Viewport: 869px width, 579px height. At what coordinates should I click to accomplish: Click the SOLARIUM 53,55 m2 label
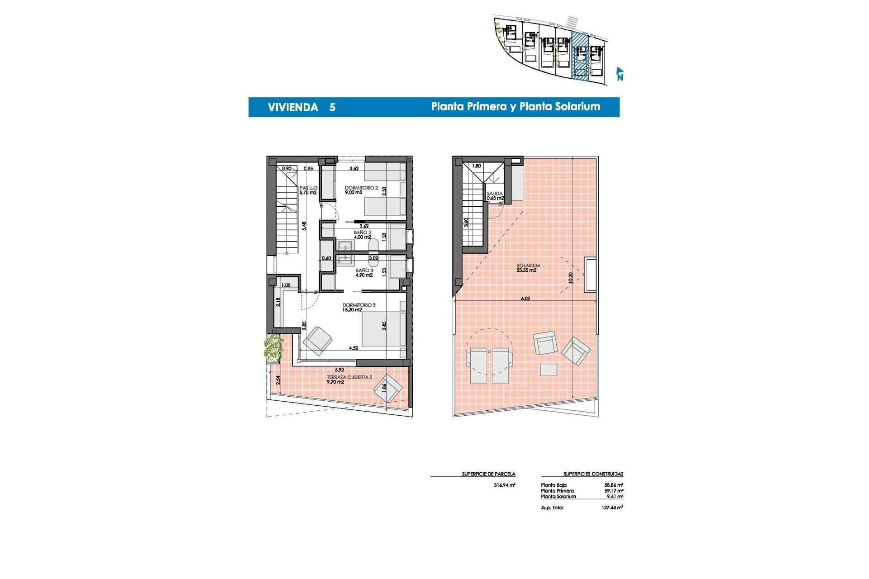tap(528, 268)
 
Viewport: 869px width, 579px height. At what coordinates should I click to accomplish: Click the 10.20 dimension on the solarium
tap(570, 278)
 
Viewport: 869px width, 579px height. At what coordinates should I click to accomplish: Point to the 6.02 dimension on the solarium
tap(525, 299)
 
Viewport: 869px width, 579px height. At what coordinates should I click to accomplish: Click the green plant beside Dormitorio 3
tap(273, 348)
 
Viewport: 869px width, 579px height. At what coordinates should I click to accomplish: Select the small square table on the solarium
tap(549, 370)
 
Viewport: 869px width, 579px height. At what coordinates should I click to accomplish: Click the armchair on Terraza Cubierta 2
tap(388, 387)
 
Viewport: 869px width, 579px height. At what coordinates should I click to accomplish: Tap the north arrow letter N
tap(620, 77)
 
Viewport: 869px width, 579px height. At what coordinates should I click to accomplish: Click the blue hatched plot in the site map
tap(580, 57)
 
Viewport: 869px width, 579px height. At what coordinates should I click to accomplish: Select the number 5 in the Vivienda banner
tap(332, 107)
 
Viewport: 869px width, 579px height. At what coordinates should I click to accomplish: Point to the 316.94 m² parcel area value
tap(504, 485)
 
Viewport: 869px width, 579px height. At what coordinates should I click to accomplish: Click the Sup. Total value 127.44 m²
tap(612, 508)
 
